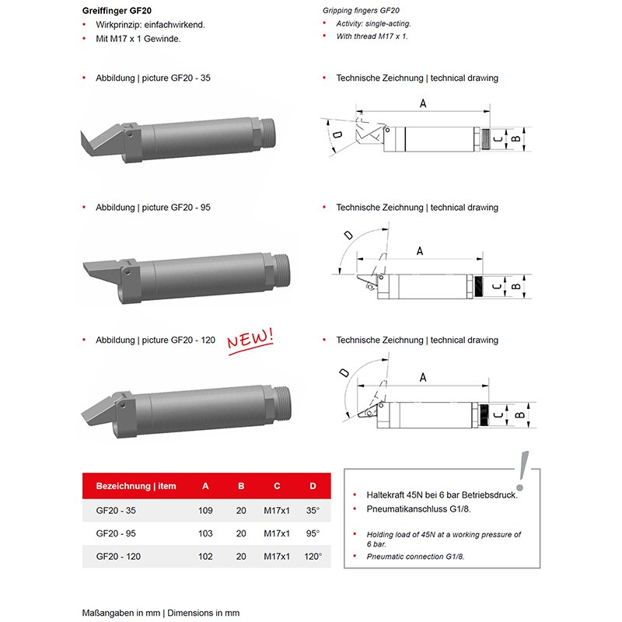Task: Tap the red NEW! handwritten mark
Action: point(250,340)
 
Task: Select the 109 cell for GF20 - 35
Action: point(206,511)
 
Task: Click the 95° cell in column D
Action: point(313,533)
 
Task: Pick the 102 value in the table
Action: point(206,556)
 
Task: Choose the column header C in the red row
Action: point(277,486)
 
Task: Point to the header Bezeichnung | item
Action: point(136,486)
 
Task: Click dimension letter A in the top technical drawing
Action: point(423,103)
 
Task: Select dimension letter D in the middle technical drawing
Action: point(348,234)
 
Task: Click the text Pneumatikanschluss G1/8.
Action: point(419,508)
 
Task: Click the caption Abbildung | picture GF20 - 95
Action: point(152,208)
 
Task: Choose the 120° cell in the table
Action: point(313,556)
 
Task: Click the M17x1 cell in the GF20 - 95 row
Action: point(277,533)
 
